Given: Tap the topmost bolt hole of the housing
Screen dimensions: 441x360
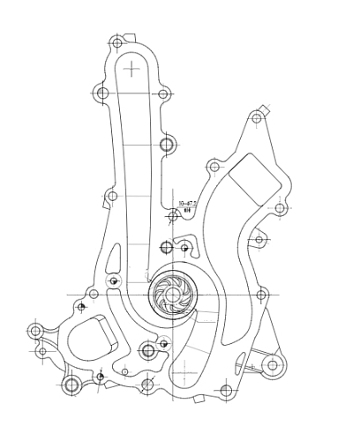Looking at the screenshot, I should click(x=116, y=42).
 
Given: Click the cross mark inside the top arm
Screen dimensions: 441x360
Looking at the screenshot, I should click(x=132, y=68).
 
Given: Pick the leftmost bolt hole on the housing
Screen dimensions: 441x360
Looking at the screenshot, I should click(x=35, y=332).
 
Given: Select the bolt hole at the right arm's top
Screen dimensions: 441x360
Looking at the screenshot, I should click(x=257, y=117).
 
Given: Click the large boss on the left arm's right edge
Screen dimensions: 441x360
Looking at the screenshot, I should click(x=168, y=144).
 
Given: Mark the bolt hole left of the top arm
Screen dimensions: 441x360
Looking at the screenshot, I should click(x=102, y=93).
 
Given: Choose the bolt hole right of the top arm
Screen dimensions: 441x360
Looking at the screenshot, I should click(x=163, y=93).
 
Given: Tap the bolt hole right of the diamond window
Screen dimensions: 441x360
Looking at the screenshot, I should click(x=280, y=209).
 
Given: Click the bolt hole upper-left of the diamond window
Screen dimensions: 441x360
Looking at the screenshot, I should click(x=213, y=165).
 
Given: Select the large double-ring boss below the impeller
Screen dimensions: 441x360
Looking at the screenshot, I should click(x=148, y=351).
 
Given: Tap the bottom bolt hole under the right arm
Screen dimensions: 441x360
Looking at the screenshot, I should click(x=226, y=390).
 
